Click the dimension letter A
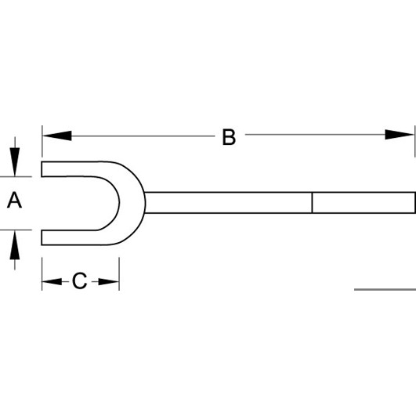[x=14, y=201]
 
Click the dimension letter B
[x=229, y=137]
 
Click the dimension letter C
[x=79, y=280]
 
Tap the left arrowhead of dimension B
[x=57, y=136]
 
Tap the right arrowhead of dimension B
[x=400, y=135]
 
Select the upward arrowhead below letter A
[x=15, y=245]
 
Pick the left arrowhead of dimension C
[x=52, y=281]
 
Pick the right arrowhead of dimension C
[x=109, y=281]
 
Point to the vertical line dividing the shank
[x=313, y=202]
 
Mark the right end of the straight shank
[x=414, y=202]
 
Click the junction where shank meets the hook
[x=145, y=202]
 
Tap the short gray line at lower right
[x=385, y=289]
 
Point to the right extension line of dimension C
[x=119, y=273]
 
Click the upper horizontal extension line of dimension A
[x=16, y=176]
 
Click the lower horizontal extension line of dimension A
[x=16, y=230]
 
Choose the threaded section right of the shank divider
[x=364, y=202]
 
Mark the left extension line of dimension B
[x=42, y=141]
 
